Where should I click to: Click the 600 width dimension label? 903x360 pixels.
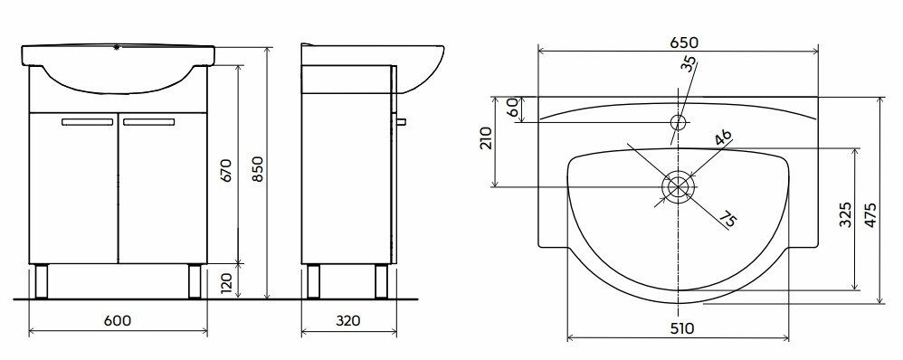click(x=118, y=320)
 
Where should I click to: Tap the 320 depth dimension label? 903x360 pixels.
click(x=347, y=320)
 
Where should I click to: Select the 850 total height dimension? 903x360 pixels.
click(x=258, y=169)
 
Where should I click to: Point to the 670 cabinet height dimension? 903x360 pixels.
click(x=226, y=171)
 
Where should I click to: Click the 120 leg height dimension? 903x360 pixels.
click(x=226, y=281)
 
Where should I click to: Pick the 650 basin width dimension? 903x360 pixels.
click(x=684, y=43)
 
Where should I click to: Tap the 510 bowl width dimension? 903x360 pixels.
click(x=682, y=328)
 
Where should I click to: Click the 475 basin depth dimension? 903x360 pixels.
click(x=870, y=214)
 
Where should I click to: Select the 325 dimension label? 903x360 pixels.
click(x=845, y=214)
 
